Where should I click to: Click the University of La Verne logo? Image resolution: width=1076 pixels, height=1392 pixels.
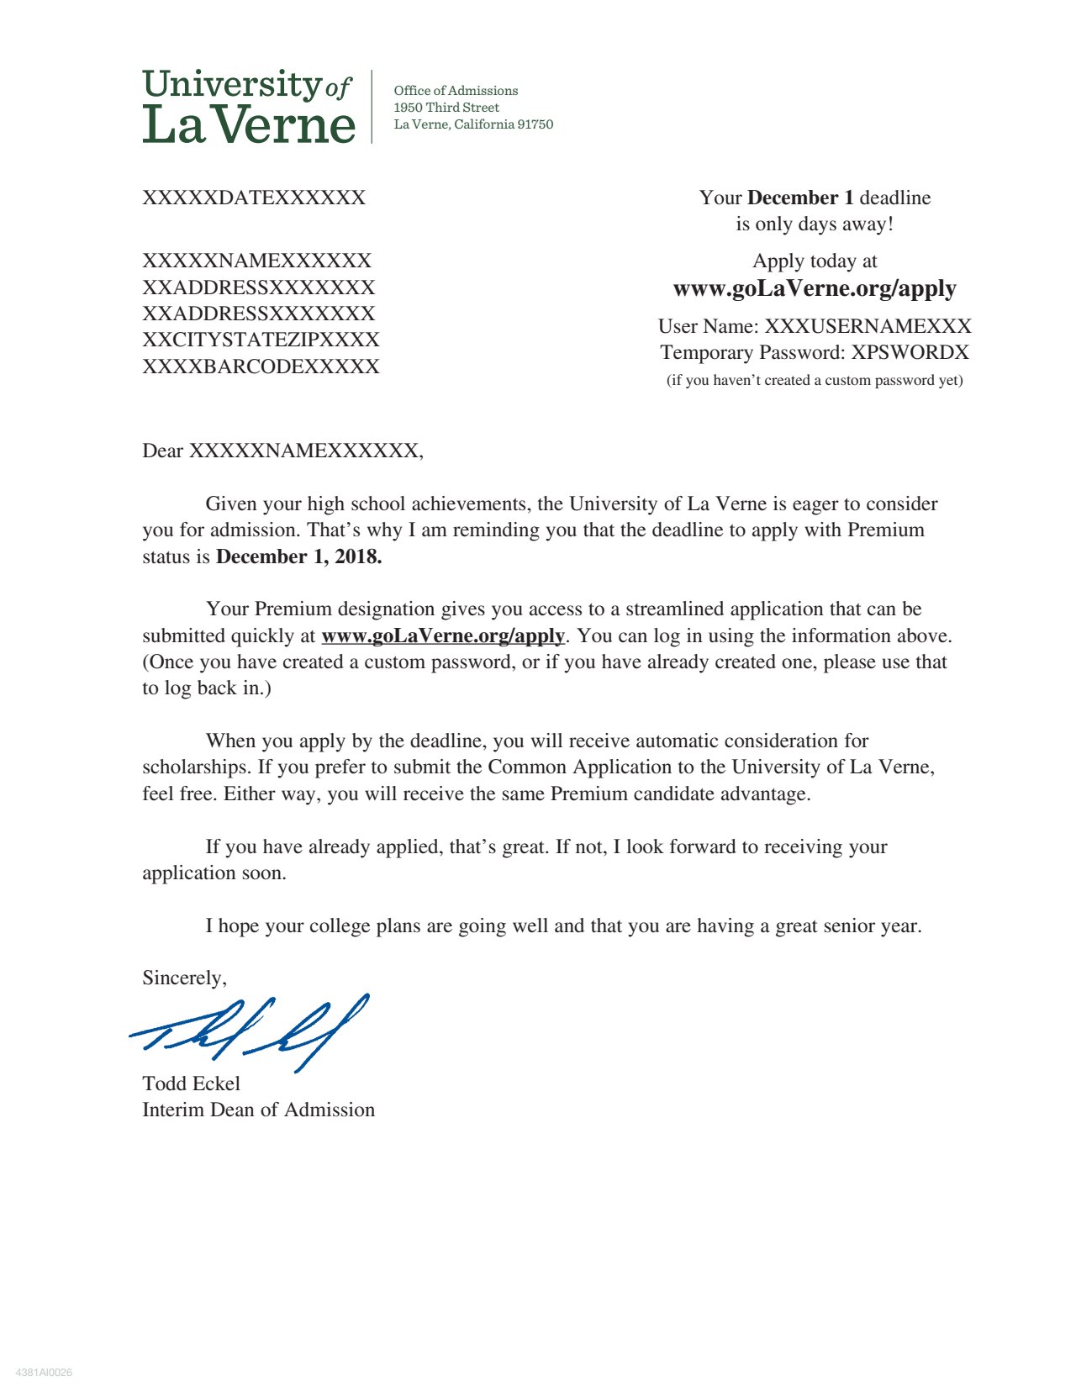(249, 107)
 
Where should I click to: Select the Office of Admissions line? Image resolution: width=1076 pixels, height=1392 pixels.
(456, 90)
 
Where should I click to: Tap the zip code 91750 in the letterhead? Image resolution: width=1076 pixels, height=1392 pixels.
(535, 124)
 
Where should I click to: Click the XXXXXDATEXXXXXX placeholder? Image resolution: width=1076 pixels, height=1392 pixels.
(254, 198)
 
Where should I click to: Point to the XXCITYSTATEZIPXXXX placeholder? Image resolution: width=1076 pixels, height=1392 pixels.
(261, 340)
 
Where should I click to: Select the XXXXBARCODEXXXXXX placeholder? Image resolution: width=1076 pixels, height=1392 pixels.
(261, 366)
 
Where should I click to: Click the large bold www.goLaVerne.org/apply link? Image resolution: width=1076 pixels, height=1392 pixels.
(815, 288)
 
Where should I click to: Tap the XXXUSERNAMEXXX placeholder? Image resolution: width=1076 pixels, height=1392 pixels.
(868, 326)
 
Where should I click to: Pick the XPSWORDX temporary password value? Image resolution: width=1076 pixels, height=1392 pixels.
(910, 352)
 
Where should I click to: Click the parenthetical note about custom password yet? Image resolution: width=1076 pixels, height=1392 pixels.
(815, 380)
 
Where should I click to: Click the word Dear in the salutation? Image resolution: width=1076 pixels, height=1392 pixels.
(162, 451)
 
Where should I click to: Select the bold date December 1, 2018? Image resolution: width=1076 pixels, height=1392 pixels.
(298, 556)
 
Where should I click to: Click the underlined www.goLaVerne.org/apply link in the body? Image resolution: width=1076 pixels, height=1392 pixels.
(443, 635)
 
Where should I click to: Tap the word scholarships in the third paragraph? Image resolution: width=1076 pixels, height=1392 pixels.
(196, 767)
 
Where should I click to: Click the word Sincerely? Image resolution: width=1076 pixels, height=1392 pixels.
(184, 978)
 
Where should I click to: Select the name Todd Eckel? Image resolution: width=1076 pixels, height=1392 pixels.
(191, 1084)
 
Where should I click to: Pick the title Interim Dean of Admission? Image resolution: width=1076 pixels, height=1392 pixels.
(258, 1110)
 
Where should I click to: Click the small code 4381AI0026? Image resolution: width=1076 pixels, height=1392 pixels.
(44, 1373)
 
